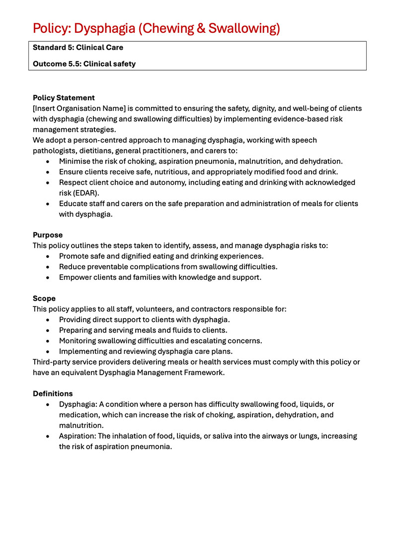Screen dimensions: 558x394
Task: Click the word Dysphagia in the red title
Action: [x=103, y=28]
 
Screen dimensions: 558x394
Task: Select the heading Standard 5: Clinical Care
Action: [x=78, y=48]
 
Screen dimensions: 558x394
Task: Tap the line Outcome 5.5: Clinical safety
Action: [x=84, y=64]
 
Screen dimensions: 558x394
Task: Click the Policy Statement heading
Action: [x=64, y=97]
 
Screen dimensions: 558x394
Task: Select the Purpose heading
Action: [x=48, y=235]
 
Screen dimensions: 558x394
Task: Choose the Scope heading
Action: [x=44, y=298]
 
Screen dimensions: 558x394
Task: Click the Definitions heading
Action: [x=53, y=394]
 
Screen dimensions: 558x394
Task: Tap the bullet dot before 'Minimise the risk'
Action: [x=47, y=161]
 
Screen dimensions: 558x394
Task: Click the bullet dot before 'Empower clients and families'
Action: [x=47, y=277]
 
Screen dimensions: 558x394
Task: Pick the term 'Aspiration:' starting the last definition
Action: [x=78, y=436]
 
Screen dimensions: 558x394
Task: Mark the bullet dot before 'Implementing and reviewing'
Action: [x=47, y=351]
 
